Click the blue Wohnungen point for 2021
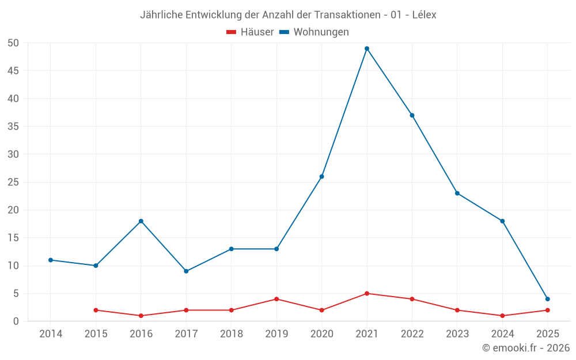point(367,48)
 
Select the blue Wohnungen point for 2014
point(51,260)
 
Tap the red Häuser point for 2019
point(276,299)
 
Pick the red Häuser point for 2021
point(367,293)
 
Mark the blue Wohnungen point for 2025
point(547,299)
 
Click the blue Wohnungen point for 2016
point(141,221)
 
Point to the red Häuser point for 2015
point(96,310)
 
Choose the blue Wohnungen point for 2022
point(412,115)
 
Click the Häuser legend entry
point(250,32)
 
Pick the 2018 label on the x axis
point(231,334)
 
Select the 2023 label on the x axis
point(457,334)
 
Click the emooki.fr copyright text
point(526,348)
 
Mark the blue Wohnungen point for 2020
point(321,176)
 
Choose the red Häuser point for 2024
point(502,316)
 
